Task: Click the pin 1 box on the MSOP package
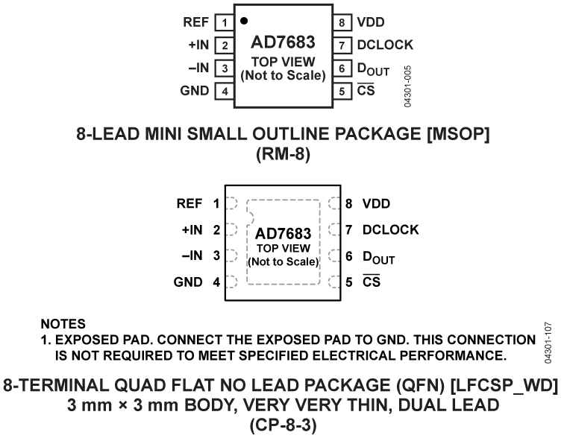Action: (221, 23)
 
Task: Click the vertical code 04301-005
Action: (407, 86)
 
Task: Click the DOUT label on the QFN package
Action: (379, 258)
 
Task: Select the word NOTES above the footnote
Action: (63, 325)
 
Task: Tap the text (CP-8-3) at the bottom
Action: (284, 425)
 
